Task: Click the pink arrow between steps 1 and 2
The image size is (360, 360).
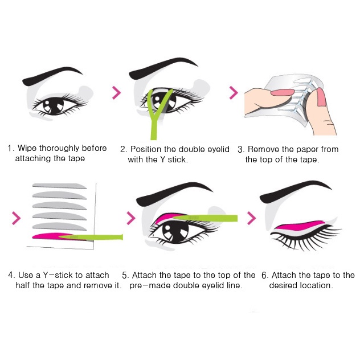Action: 116,92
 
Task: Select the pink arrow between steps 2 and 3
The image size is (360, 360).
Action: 234,92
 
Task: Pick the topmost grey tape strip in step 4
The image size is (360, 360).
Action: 59,186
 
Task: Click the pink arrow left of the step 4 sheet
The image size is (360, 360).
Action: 16,218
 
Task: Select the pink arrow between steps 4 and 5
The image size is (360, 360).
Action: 131,218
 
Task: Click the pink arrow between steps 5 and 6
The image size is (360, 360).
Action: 251,218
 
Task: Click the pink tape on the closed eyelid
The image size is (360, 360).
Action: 298,226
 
